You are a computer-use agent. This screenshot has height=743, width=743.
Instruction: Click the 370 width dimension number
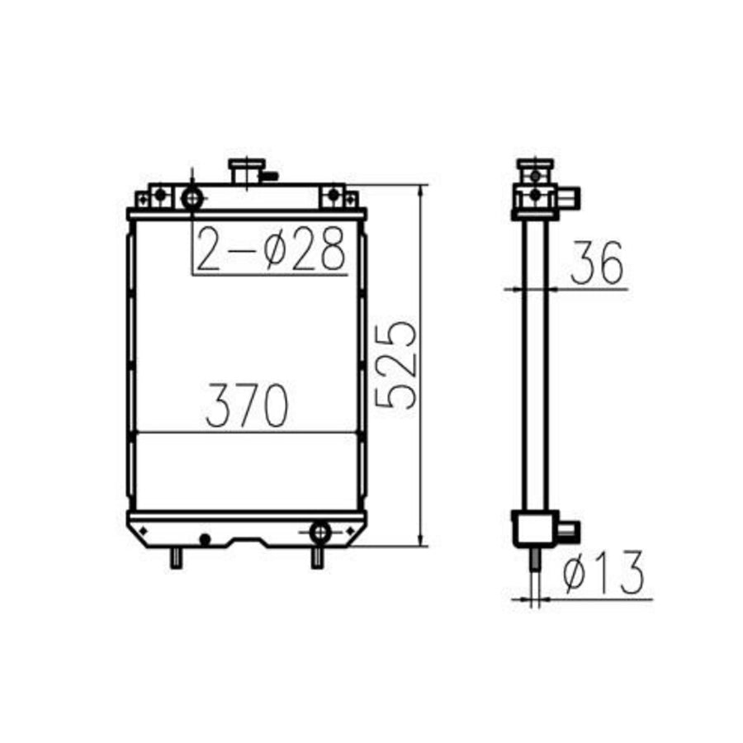click(x=246, y=405)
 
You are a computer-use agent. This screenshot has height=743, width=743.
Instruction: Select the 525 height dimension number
click(x=395, y=363)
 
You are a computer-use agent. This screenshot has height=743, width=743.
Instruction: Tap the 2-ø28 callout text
click(x=271, y=249)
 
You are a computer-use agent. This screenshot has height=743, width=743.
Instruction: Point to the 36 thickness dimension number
click(x=595, y=263)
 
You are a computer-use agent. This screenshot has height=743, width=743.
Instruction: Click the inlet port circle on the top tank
click(x=192, y=198)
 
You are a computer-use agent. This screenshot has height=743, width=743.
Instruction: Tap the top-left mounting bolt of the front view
click(x=161, y=195)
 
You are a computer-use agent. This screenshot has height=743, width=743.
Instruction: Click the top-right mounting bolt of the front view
click(x=334, y=195)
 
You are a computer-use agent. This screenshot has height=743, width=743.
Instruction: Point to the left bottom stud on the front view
click(x=176, y=558)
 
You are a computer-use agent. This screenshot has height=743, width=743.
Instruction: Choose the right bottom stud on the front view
click(x=316, y=558)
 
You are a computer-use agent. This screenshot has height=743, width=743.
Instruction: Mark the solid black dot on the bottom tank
click(x=205, y=539)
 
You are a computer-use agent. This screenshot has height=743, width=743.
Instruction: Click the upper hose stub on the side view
click(x=569, y=197)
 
